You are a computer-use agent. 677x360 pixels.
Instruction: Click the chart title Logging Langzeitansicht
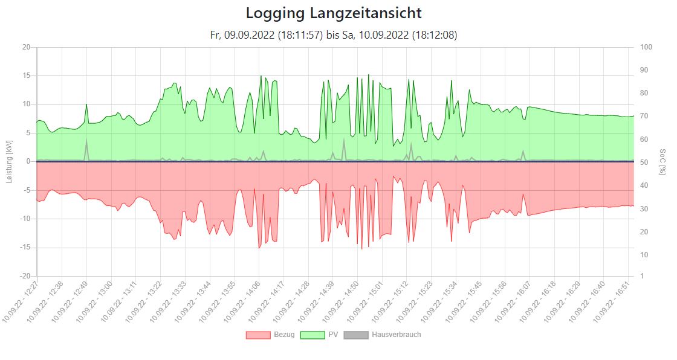[334, 13]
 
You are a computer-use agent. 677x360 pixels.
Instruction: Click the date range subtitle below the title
[334, 35]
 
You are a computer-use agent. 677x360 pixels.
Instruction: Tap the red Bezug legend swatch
[258, 335]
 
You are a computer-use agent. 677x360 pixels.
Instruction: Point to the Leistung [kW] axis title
[8, 161]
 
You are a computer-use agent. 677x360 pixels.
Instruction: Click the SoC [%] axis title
[662, 161]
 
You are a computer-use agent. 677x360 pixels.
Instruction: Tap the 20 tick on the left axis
[27, 47]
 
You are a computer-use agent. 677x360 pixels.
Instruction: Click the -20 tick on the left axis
[25, 276]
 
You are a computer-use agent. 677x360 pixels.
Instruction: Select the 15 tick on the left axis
[27, 76]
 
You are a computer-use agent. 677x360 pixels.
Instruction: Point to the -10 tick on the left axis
[25, 219]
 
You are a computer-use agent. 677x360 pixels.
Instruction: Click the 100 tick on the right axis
[646, 47]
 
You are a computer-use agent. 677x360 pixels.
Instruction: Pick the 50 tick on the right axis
[644, 162]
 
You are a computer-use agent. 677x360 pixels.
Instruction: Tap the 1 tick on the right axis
[643, 276]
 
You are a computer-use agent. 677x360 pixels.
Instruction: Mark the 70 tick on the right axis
[644, 116]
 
